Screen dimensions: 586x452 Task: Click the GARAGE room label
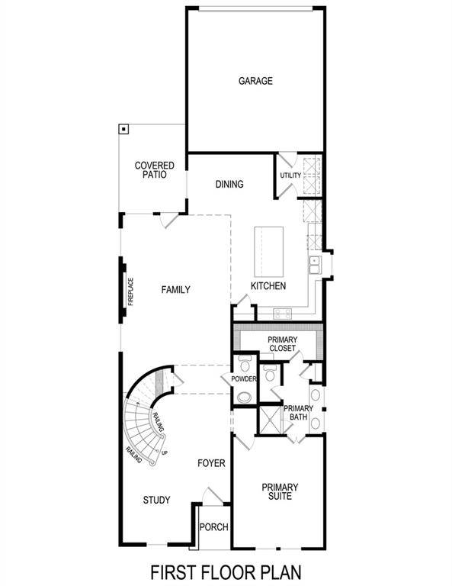[x=255, y=81]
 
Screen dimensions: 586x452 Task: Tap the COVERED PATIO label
[x=155, y=169]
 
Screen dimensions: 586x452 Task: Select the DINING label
[x=229, y=184]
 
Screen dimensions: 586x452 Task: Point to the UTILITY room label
[x=290, y=175]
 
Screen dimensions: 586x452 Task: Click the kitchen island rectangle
[x=268, y=253]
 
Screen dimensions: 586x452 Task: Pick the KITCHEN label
[x=268, y=286]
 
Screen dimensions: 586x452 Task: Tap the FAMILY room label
[x=175, y=289]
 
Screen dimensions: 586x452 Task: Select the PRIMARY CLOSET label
[x=281, y=344]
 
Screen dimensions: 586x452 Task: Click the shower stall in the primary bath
[x=269, y=419]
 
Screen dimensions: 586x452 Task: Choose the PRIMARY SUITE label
[x=280, y=491]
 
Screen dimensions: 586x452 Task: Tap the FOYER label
[x=211, y=463]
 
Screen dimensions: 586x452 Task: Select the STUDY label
[x=156, y=500]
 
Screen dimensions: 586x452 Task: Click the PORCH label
[x=213, y=527]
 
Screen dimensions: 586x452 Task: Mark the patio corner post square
[x=123, y=129]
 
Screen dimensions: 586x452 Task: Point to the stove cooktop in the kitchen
[x=281, y=312]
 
